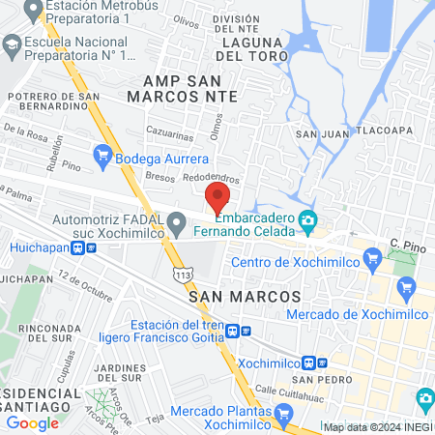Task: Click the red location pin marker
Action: (217, 198)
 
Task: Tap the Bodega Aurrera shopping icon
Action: (102, 156)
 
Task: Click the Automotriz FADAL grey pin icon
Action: (176, 224)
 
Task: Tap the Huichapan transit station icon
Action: (92, 246)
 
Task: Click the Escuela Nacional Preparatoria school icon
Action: (12, 44)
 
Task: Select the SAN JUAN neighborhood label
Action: (320, 133)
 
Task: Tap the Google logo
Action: (33, 422)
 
